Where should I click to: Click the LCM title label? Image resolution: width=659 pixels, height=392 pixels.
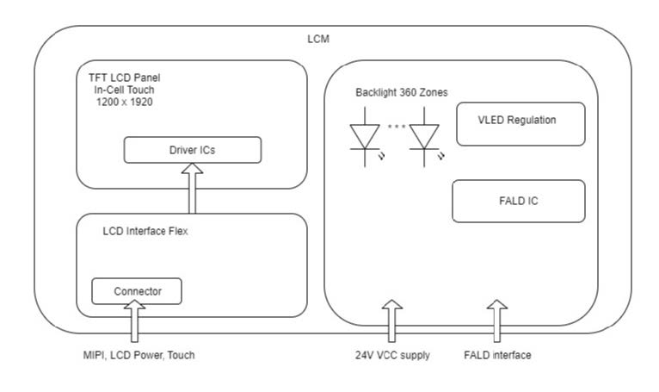[318, 39]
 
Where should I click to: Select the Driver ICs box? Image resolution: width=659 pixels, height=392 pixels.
[193, 150]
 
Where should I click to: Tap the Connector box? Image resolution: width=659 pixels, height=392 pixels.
[137, 291]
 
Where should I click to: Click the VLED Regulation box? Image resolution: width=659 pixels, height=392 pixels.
[520, 124]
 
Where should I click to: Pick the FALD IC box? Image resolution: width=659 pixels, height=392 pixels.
[519, 201]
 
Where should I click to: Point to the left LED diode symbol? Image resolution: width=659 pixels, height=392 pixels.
[365, 137]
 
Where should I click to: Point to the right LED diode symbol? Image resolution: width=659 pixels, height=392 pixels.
[424, 137]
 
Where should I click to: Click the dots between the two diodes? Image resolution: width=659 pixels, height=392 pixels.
[397, 126]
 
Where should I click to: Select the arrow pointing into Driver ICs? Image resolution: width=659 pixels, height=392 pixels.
[192, 188]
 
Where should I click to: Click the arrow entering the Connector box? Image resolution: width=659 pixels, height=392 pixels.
[134, 320]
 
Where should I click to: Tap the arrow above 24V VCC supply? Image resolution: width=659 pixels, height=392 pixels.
[392, 320]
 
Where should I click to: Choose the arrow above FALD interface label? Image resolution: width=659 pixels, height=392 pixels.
[497, 320]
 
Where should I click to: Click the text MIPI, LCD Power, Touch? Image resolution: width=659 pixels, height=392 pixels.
[139, 355]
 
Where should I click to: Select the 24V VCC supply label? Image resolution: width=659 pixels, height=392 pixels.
[392, 355]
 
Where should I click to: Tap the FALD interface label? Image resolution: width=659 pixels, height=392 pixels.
[497, 355]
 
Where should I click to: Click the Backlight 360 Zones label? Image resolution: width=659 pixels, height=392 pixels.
[402, 92]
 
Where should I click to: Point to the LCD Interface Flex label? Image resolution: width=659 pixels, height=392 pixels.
[145, 231]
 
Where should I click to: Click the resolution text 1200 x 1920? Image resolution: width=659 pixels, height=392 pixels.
[125, 102]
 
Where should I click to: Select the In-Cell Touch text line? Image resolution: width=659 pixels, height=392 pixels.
[124, 90]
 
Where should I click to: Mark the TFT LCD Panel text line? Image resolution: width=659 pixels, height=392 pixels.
[125, 78]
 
